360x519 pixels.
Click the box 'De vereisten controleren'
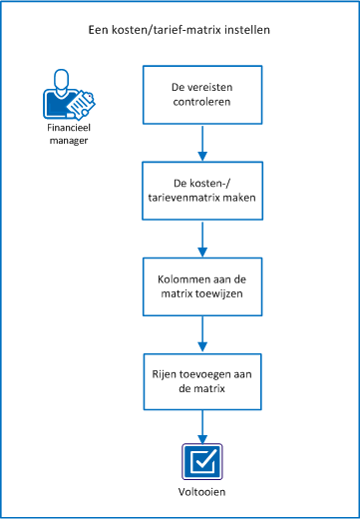click(202, 94)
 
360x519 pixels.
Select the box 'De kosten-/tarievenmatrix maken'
click(202, 191)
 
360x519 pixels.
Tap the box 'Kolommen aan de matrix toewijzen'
click(202, 286)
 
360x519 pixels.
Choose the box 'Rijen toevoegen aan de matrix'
click(202, 381)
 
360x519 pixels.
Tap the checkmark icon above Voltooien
click(202, 462)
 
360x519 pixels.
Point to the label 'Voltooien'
click(202, 492)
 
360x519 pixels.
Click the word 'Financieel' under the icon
click(66, 129)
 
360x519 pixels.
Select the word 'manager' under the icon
click(66, 141)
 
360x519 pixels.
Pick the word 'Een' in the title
click(98, 30)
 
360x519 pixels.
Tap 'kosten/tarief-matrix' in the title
click(165, 30)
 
